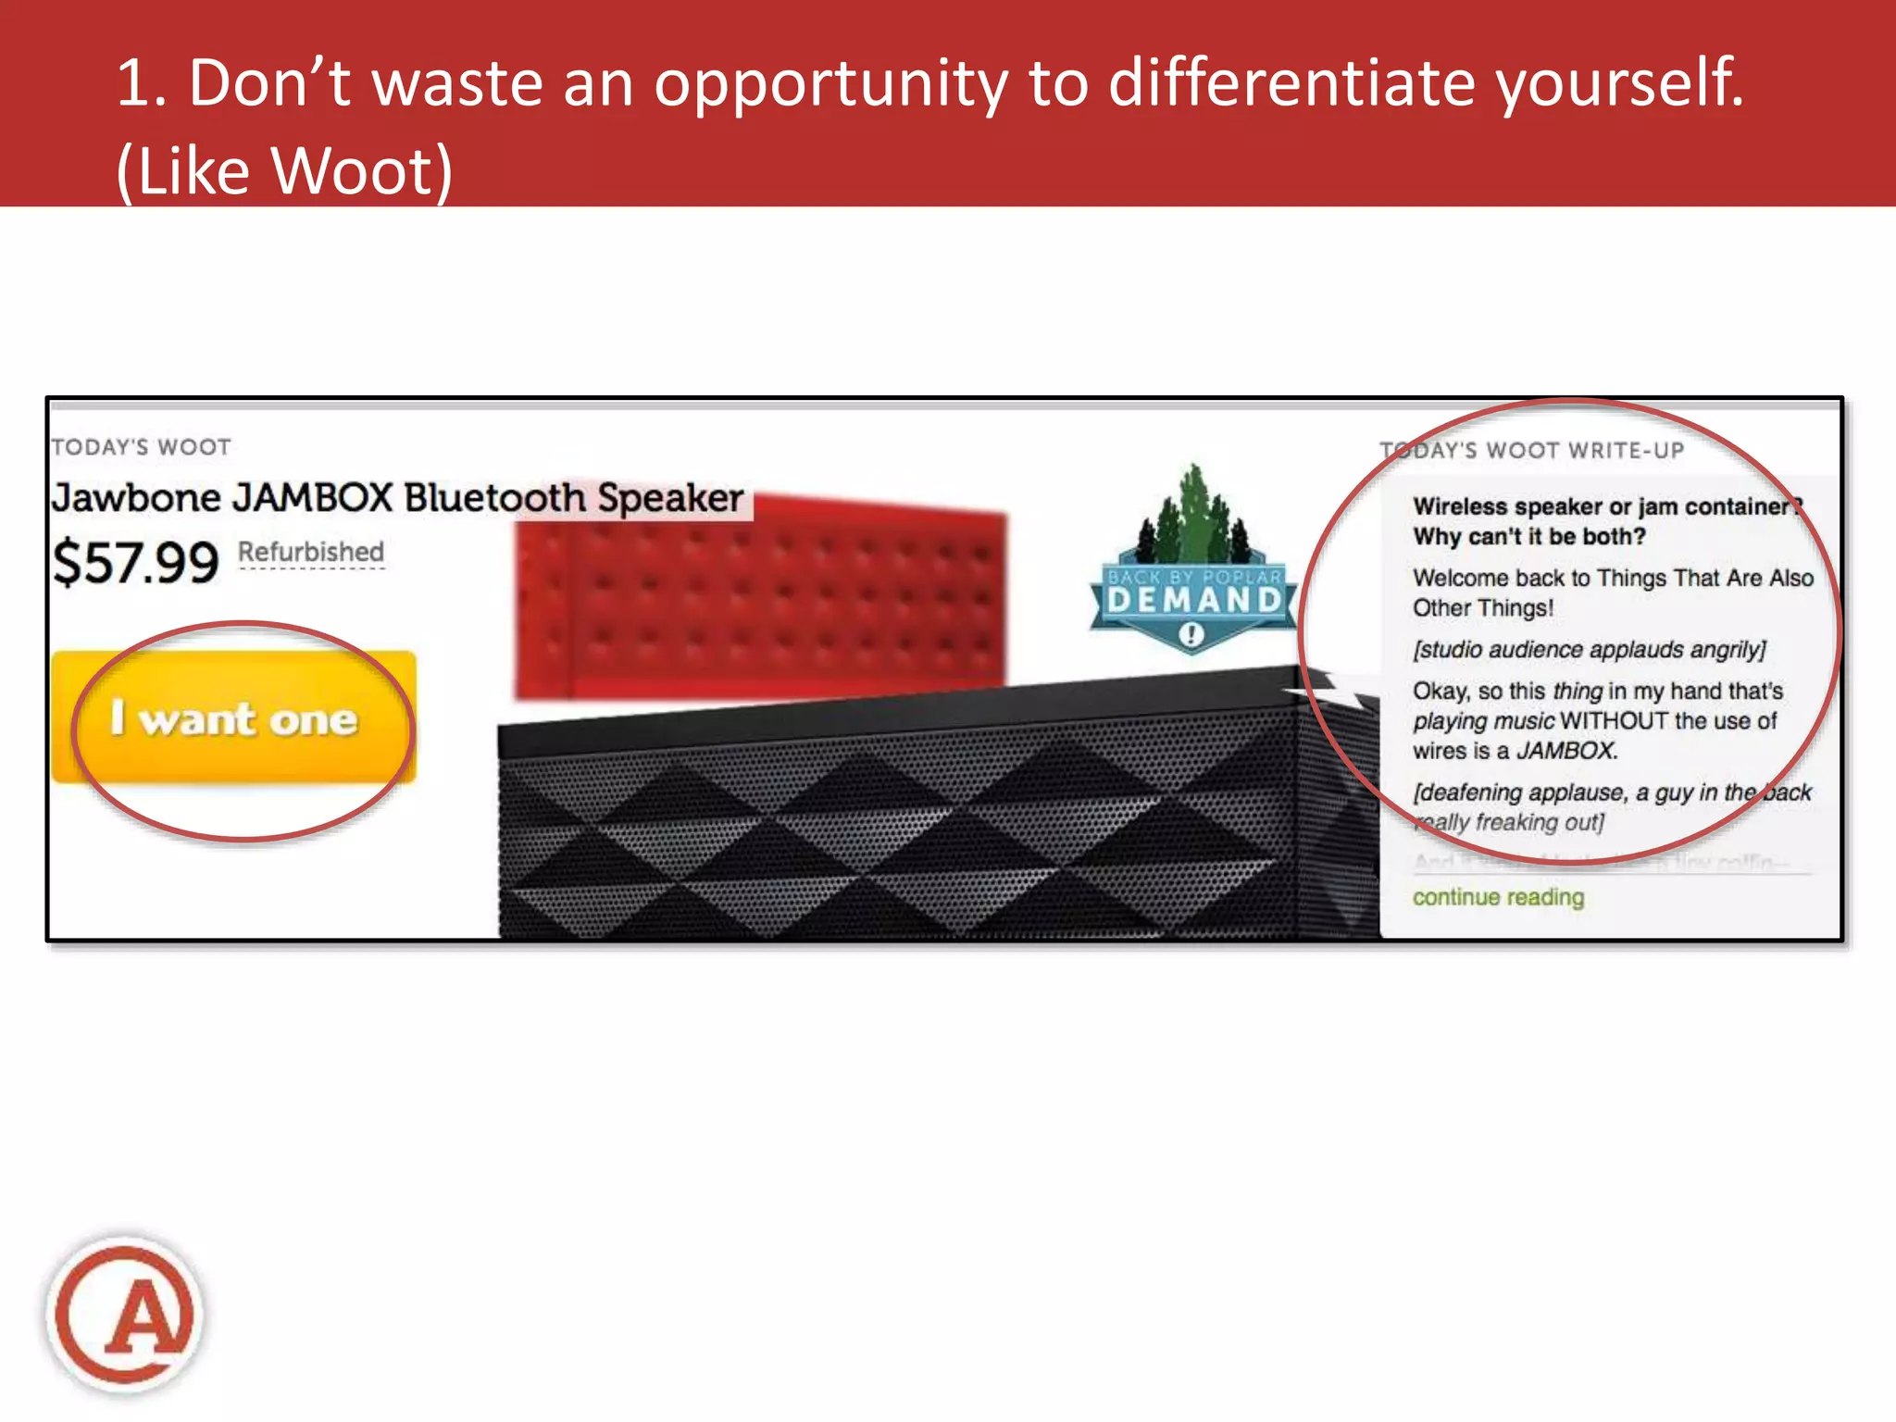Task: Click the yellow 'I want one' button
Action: tap(234, 718)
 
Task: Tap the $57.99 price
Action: tap(136, 562)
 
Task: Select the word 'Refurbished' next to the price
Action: tap(311, 552)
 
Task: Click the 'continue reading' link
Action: tap(1498, 897)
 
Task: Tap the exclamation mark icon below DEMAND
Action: tap(1191, 635)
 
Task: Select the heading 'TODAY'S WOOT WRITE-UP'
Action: tap(1532, 451)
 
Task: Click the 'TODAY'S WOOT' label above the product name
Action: tap(142, 447)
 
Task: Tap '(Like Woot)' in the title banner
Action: tap(284, 171)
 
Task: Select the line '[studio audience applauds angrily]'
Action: tap(1589, 650)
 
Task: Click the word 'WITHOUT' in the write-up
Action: tap(1615, 721)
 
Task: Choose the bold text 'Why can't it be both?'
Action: tap(1529, 537)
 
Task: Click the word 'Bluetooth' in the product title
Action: tap(495, 498)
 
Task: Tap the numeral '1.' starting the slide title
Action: tap(141, 83)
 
